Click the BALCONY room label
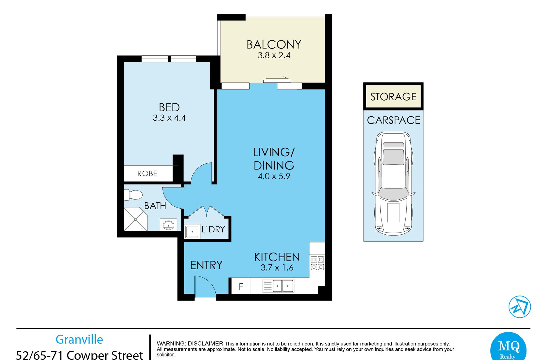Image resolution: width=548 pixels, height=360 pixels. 274,45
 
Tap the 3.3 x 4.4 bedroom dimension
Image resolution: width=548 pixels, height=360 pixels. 169,118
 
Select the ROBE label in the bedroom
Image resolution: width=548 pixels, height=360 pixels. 147,173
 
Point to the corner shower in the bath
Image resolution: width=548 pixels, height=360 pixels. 135,219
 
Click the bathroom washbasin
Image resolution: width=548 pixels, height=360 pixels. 168,225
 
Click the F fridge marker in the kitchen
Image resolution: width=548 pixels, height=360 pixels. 241,287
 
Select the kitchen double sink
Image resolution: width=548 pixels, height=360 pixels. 278,286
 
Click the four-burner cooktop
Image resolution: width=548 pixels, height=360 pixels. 317,263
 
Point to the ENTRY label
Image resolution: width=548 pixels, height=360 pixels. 206,265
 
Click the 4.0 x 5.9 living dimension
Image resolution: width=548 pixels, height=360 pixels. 274,176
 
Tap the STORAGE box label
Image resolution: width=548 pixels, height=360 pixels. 393,97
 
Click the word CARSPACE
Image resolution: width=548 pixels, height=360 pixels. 393,120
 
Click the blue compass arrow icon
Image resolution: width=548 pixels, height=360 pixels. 520,307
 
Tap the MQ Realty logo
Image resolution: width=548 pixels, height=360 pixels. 509,347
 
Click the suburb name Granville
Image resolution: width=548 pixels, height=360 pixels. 79,339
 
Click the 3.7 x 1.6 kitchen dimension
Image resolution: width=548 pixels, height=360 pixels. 277,268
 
